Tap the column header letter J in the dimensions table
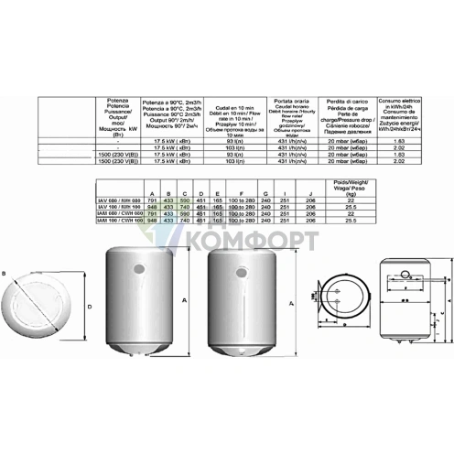[x=310, y=194]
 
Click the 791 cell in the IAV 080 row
[x=151, y=201]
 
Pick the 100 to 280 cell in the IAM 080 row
[x=241, y=214]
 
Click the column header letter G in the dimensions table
[x=265, y=194]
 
